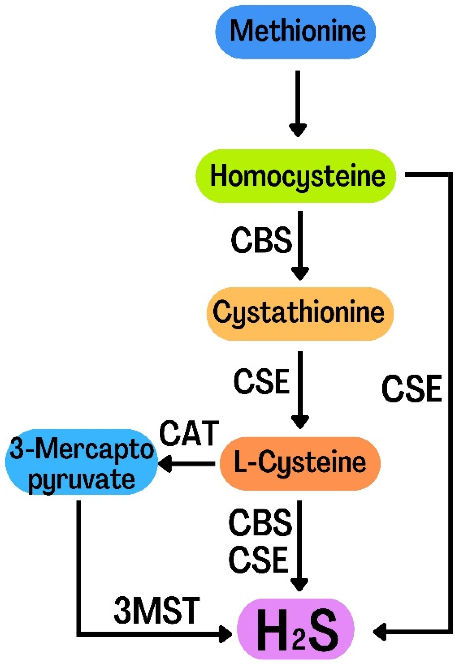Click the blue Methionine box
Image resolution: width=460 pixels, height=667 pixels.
295,32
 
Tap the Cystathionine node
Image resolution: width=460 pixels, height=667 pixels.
299,313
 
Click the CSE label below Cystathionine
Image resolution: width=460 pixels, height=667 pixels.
261,381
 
